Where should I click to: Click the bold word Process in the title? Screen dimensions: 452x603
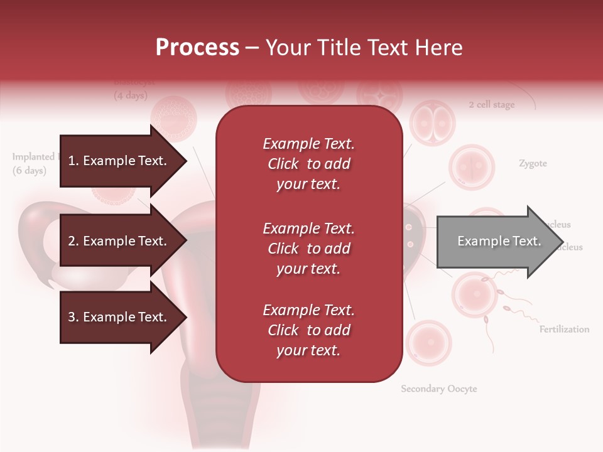click(197, 48)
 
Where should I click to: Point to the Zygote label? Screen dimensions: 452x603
click(533, 163)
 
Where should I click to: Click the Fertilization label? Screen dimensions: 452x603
click(564, 329)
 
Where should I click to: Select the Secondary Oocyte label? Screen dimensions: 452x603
click(439, 389)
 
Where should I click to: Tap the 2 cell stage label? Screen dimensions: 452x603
click(491, 105)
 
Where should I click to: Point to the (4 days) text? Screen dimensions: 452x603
click(131, 96)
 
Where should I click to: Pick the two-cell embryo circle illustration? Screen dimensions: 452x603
click(432, 122)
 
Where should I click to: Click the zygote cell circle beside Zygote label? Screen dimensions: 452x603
click(472, 167)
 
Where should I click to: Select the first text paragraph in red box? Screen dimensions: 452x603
click(308, 164)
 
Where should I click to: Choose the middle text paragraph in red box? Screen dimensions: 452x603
click(308, 249)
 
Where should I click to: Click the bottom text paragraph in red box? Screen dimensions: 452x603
click(308, 330)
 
